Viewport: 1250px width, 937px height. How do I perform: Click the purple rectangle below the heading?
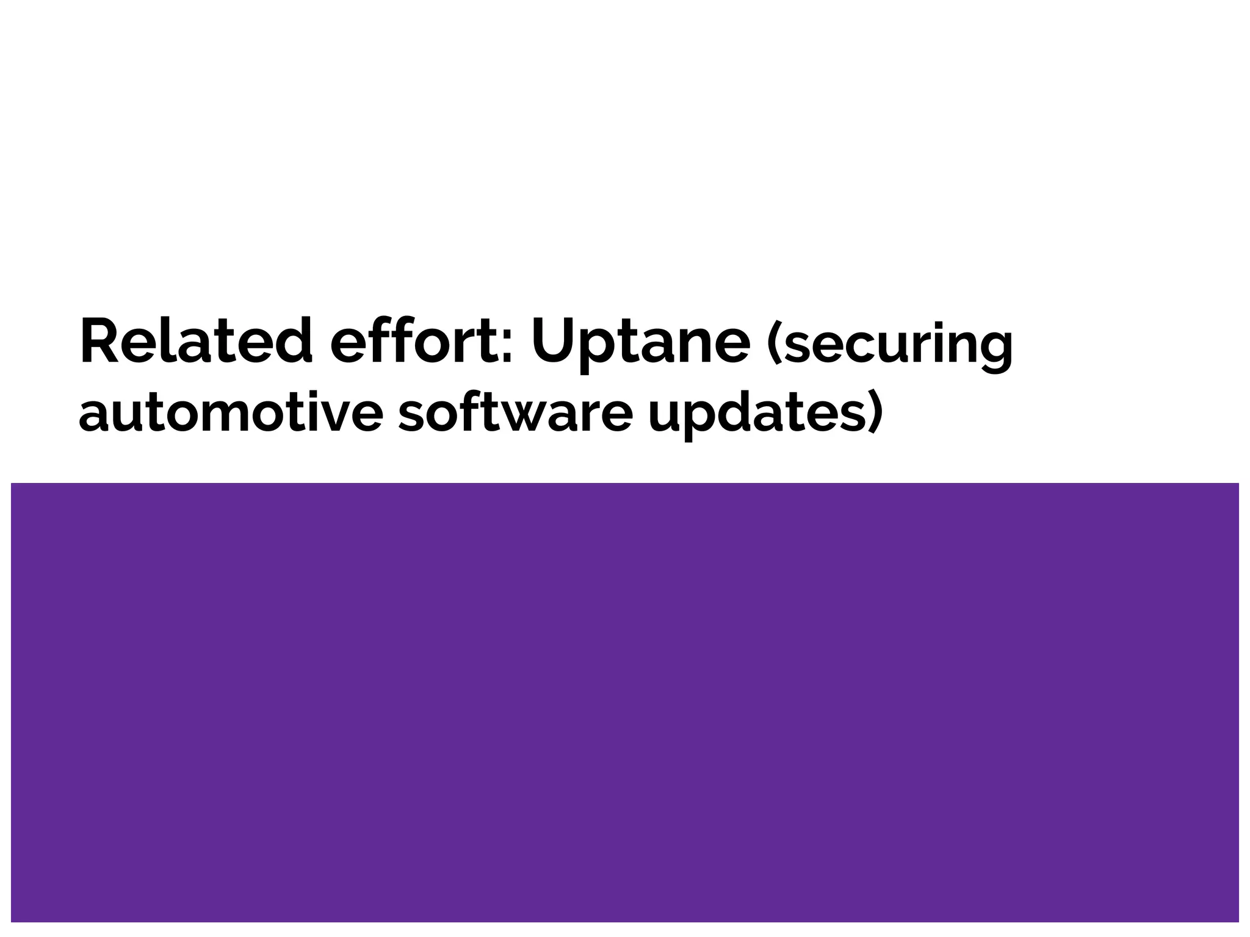click(x=625, y=702)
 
